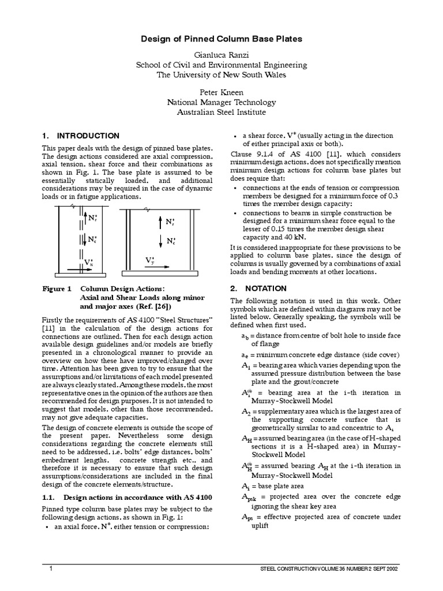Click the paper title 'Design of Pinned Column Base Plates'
222,38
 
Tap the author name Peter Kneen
221,92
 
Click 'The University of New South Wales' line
221,74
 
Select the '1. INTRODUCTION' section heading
80,136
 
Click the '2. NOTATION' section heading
258,288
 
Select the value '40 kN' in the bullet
296,237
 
